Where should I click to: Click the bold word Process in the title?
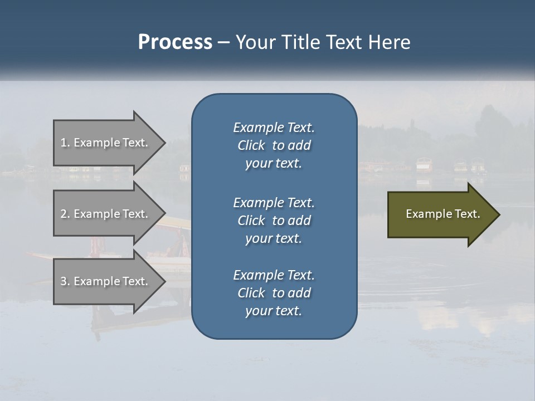coord(175,42)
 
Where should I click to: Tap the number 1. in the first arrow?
coord(65,143)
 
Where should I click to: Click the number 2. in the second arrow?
coord(65,214)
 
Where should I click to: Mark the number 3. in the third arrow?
coord(65,281)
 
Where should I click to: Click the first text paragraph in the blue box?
coord(274,145)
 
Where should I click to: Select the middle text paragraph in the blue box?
coord(274,221)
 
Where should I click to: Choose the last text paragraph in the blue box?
coord(274,293)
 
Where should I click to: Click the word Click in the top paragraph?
coord(251,145)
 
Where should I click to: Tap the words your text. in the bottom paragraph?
coord(274,311)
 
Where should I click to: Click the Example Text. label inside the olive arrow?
coord(443,214)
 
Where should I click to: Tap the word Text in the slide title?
coord(344,42)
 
